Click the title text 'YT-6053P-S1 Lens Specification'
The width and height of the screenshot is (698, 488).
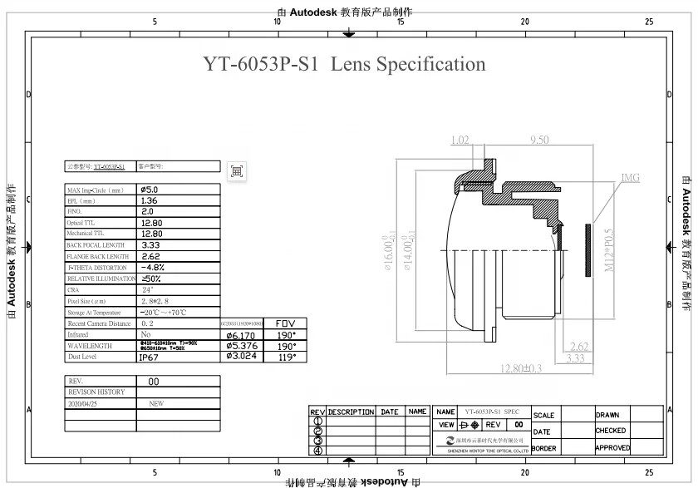(344, 64)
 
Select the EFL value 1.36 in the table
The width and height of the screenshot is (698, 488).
(149, 200)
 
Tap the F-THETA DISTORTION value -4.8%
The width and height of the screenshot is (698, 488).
(154, 268)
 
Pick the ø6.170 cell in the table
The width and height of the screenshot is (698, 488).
(243, 334)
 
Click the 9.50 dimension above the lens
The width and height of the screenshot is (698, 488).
(538, 140)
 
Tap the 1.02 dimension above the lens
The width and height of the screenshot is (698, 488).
(460, 140)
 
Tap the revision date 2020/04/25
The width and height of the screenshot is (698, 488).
(82, 402)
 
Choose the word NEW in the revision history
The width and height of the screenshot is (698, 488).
(155, 402)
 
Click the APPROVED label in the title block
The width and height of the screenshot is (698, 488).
(612, 448)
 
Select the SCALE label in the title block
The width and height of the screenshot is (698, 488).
(543, 415)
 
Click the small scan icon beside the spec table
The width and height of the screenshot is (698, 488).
(237, 170)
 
